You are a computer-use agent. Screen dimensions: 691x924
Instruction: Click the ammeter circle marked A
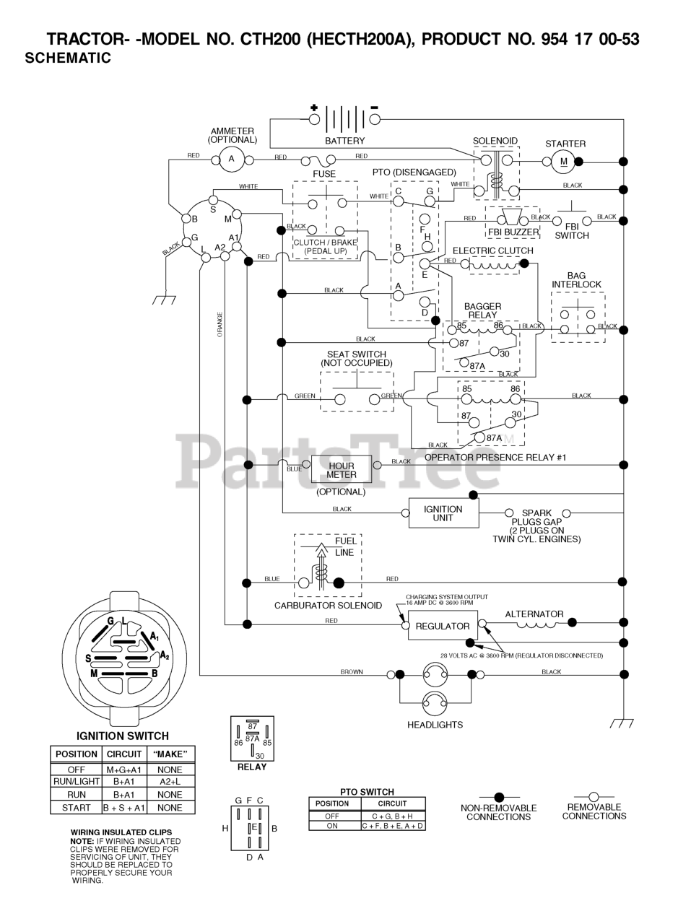pos(231,160)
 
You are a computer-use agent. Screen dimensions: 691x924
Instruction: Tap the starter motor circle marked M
pos(563,161)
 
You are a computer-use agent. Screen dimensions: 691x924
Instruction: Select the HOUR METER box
pos(341,470)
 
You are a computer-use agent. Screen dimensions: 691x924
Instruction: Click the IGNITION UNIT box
pos(443,513)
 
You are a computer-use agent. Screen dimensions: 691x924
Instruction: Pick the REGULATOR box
pos(443,626)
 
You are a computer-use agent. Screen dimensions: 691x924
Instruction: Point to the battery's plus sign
pos(313,108)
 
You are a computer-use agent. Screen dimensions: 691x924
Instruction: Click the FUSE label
pos(323,174)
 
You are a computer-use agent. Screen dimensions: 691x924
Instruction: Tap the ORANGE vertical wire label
pos(220,324)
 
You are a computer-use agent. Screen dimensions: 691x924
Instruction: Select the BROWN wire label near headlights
pos(352,672)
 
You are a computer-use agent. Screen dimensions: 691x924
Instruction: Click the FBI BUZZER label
pos(513,232)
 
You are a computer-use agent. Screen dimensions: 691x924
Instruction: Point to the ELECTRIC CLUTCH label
pos(492,250)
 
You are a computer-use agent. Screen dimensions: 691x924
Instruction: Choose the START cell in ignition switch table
pos(77,807)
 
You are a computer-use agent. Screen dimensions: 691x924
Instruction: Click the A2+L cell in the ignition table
pos(170,782)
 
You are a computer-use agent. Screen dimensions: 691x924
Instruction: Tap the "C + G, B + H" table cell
pos(393,816)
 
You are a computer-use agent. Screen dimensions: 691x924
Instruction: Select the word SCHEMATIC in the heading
pos(68,58)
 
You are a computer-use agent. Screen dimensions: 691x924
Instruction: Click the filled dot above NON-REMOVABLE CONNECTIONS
pos(499,797)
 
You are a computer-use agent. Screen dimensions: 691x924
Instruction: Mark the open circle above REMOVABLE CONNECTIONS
pos(594,796)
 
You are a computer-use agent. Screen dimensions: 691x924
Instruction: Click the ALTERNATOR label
pos(534,614)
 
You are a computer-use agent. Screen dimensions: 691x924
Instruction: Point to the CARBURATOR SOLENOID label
pos(328,606)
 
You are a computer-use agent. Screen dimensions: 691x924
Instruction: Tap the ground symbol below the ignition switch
pos(164,300)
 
